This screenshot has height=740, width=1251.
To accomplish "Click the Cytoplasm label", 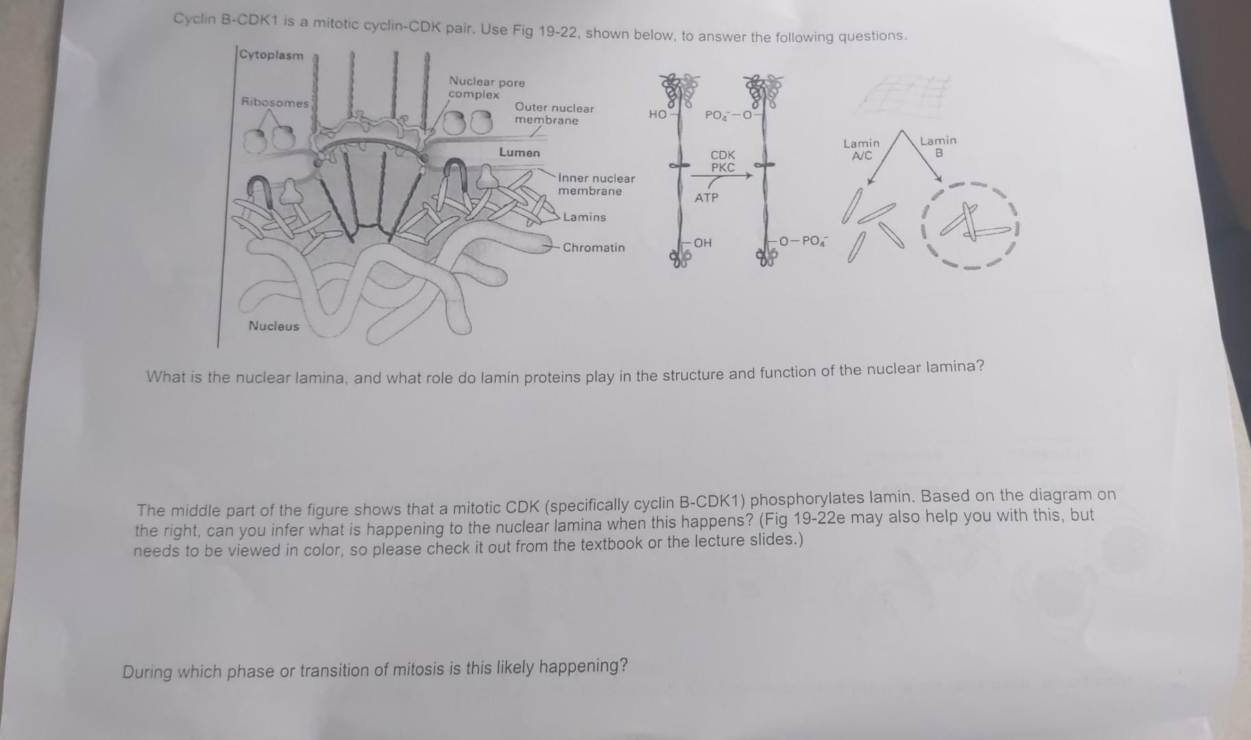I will click(x=271, y=56).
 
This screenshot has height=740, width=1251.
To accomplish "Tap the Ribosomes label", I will click(x=275, y=103).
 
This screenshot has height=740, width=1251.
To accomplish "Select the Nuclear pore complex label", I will click(x=486, y=88).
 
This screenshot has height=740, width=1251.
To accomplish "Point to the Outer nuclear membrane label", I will click(x=553, y=114).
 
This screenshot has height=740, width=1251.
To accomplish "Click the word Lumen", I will click(x=519, y=153).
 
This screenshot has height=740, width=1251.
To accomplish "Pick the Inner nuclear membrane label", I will click(x=596, y=185).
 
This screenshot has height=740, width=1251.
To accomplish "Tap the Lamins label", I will click(x=584, y=217).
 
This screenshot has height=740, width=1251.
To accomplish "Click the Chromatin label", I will click(x=593, y=247).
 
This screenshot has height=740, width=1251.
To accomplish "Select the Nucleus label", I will click(x=273, y=326).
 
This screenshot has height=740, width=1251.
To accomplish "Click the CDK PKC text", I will click(x=722, y=161).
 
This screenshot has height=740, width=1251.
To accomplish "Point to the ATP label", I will click(x=706, y=198).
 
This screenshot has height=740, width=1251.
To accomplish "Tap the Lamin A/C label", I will click(x=861, y=149).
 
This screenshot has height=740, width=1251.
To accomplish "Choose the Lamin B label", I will click(x=938, y=147).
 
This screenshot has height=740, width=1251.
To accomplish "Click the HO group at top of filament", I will click(x=657, y=114).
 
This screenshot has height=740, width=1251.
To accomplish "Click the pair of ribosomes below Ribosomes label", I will click(x=269, y=140).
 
